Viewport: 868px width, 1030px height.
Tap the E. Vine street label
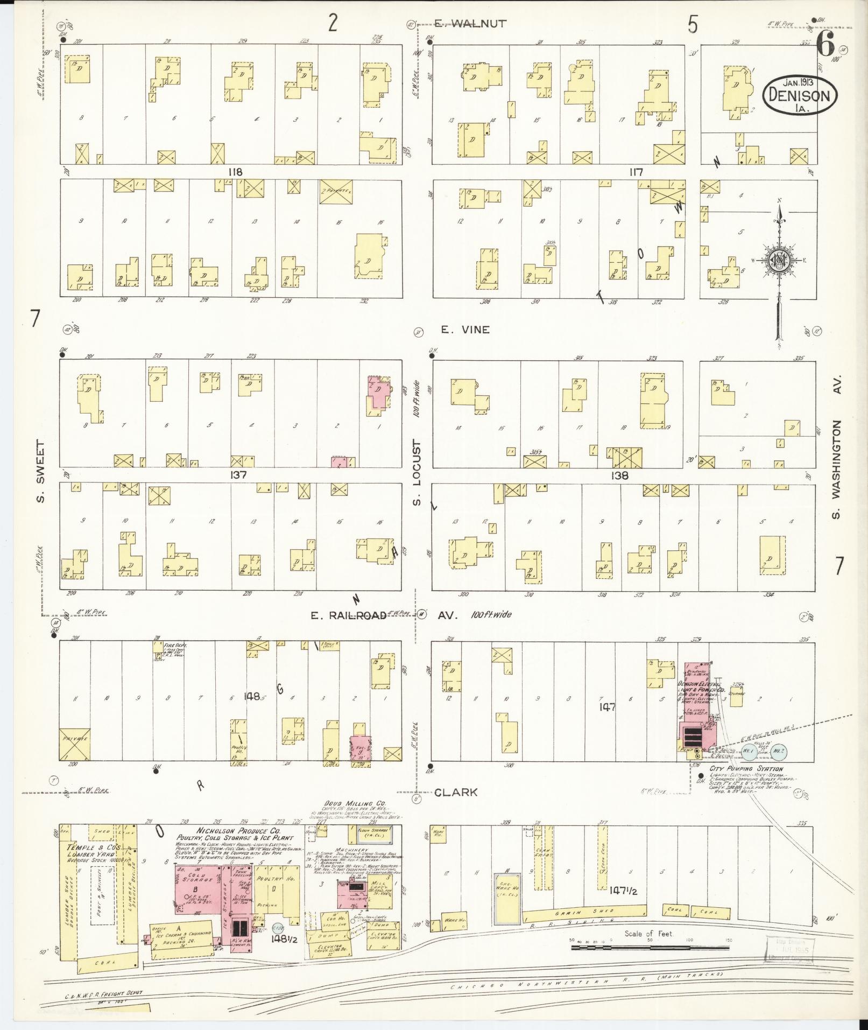pos(465,330)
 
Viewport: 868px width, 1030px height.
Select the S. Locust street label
pos(417,471)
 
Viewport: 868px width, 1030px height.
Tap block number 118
pos(235,172)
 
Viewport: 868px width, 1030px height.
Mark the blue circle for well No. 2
pos(778,751)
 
